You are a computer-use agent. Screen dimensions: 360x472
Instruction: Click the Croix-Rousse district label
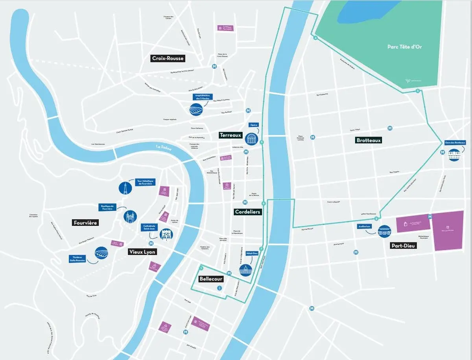pyautogui.click(x=168, y=59)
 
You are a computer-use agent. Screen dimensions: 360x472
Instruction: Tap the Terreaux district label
pyautogui.click(x=230, y=135)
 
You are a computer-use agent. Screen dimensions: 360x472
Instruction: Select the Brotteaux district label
pyautogui.click(x=369, y=140)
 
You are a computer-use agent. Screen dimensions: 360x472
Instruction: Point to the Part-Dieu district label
pyautogui.click(x=404, y=246)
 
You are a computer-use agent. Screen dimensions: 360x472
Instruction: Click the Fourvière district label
pyautogui.click(x=85, y=223)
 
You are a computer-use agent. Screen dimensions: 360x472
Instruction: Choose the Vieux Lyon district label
pyautogui.click(x=142, y=252)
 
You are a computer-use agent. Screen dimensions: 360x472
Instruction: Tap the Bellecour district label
pyautogui.click(x=211, y=279)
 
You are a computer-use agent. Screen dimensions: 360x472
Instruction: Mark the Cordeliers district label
pyautogui.click(x=247, y=212)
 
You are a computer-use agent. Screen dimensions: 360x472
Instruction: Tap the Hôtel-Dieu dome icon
pyautogui.click(x=245, y=270)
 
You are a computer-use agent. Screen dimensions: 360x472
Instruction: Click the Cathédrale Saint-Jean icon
pyautogui.click(x=166, y=235)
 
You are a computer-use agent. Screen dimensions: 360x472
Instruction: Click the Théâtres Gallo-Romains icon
pyautogui.click(x=101, y=253)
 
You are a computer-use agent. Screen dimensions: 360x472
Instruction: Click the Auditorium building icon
pyautogui.click(x=384, y=231)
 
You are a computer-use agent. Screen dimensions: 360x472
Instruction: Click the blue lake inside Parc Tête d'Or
pyautogui.click(x=366, y=11)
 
